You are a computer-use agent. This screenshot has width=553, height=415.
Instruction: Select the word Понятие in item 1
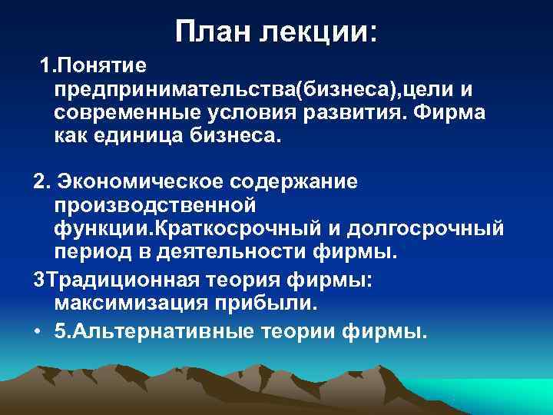point(105,68)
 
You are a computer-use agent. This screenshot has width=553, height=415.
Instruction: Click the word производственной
point(154,206)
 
